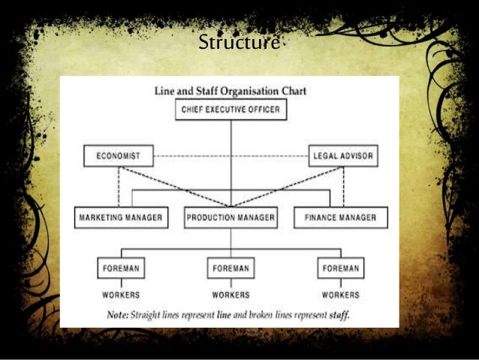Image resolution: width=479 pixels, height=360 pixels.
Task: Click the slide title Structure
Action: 239,43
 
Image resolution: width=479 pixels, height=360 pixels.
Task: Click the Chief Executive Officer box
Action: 231,110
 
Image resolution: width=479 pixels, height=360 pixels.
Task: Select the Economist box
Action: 118,156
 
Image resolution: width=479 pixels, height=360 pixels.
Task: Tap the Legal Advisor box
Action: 343,156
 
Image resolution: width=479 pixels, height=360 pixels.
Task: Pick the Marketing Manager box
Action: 119,218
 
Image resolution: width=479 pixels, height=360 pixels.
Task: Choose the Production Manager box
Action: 231,218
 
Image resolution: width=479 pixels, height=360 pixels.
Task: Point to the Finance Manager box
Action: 341,218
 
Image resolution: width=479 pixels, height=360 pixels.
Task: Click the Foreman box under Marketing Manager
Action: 122,267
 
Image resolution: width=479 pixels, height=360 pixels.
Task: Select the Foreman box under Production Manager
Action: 230,267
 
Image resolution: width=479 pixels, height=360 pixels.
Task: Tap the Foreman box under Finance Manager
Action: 341,267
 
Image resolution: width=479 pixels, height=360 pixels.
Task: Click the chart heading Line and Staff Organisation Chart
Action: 230,92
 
